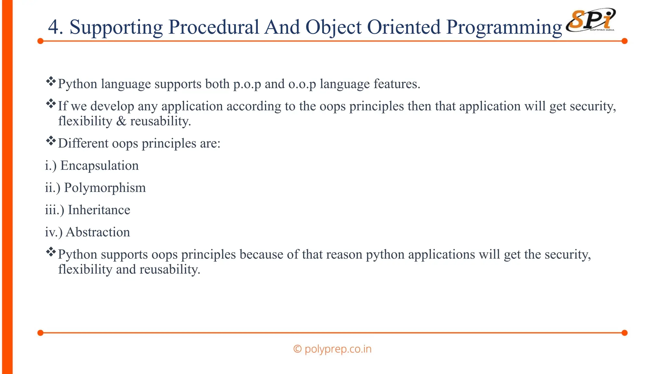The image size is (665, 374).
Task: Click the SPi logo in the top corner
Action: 591,20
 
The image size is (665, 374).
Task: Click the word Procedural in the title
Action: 213,27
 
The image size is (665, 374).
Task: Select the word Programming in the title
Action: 504,28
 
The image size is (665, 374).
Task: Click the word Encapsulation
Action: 99,166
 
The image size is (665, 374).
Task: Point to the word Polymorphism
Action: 105,188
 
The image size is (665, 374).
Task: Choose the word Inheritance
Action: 99,210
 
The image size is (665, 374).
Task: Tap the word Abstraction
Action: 98,232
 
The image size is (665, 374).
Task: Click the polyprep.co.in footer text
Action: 338,349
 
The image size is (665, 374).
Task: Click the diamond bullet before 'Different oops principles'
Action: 51,141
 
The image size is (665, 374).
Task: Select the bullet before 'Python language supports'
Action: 51,81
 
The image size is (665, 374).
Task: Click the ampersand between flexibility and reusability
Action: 121,121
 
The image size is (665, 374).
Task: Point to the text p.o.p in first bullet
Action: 247,84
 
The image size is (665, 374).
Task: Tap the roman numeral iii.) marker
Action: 54,210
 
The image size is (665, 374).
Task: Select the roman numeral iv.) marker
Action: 53,232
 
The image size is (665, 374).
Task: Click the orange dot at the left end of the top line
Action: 40,41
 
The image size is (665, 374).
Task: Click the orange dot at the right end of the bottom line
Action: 624,333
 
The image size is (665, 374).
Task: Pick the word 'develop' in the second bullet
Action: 112,106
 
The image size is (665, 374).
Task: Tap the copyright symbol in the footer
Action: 297,349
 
